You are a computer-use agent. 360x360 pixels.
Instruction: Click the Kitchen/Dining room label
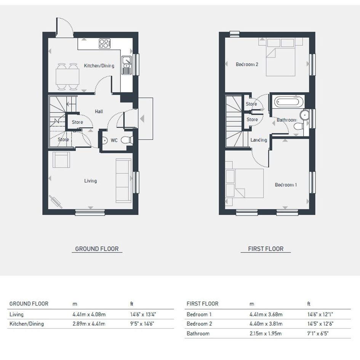coord(99,66)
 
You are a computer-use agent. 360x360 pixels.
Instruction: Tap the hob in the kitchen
coord(105,44)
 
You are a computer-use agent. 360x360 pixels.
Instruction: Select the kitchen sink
coord(126,66)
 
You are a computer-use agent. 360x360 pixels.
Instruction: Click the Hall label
coord(99,111)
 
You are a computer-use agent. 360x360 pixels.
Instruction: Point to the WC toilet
coord(127,139)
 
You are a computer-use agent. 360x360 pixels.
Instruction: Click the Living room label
coord(90,181)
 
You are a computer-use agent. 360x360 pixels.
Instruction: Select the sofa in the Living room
coord(123,181)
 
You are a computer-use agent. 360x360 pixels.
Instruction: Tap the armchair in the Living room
coord(61,160)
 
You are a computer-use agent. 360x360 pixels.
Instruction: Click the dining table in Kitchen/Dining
coord(67,77)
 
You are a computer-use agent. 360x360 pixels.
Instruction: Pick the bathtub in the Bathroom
coord(287,101)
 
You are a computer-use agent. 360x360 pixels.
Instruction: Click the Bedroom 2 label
coord(247,64)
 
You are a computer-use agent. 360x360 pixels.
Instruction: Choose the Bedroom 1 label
coord(286,185)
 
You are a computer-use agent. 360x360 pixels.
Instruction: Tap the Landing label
coord(259,140)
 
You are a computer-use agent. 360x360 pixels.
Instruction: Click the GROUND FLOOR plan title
coord(97,249)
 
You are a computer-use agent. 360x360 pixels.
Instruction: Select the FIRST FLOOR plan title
coord(266,249)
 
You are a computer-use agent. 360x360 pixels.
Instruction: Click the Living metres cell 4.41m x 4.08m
coord(89,314)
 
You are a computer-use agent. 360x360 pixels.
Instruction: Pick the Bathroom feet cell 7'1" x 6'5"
coord(318,333)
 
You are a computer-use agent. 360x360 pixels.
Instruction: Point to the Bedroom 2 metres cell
coord(266,324)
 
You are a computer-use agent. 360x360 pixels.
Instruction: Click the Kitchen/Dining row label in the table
coord(27,324)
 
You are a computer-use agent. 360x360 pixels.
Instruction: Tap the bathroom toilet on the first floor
coord(298,126)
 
